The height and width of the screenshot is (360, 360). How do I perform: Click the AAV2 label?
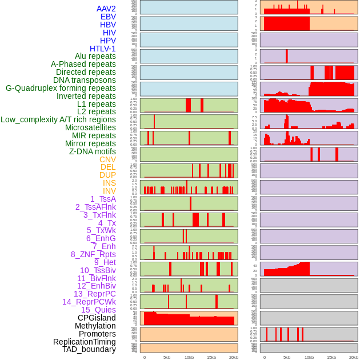coord(106,9)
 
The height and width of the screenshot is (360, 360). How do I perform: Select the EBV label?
coord(108,17)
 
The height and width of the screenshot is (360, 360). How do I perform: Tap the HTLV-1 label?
coord(103,49)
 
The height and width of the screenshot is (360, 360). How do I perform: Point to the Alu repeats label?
coord(95,57)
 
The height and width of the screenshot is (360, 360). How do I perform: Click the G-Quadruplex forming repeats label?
coord(61,88)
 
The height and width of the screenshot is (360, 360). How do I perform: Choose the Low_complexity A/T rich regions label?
coord(58,119)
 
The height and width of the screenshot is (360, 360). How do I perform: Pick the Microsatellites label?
coord(90,127)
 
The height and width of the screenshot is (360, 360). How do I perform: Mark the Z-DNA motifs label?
coord(93,151)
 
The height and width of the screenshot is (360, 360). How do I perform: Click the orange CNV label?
coord(107,159)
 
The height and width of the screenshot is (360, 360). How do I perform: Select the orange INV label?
coord(109,191)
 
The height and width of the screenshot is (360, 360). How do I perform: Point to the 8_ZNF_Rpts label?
coord(93,254)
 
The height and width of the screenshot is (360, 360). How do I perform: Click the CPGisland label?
coord(97,318)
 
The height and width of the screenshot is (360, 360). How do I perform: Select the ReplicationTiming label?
coord(84,342)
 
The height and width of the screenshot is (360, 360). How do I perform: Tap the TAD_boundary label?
coord(89,349)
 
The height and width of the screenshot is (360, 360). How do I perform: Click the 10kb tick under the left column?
coord(189,357)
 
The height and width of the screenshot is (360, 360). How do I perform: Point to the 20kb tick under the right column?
coord(354,357)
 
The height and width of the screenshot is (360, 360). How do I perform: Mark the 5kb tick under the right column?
coord(287,357)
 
